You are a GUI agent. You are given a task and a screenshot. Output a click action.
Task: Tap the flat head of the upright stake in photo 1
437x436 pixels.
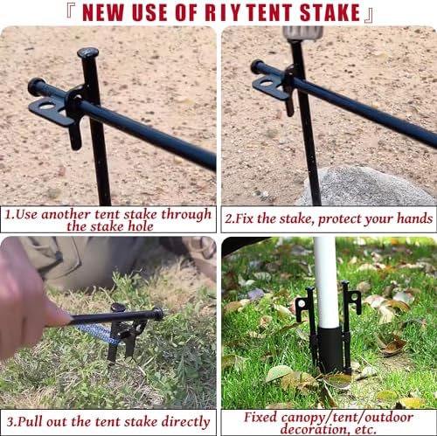(87, 53)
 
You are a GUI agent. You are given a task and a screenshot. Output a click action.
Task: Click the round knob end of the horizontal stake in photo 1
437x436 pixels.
(36, 86)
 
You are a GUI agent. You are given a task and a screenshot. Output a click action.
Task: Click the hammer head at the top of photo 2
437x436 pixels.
(302, 32)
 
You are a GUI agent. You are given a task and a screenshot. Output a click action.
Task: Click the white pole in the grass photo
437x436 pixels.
(326, 280)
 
